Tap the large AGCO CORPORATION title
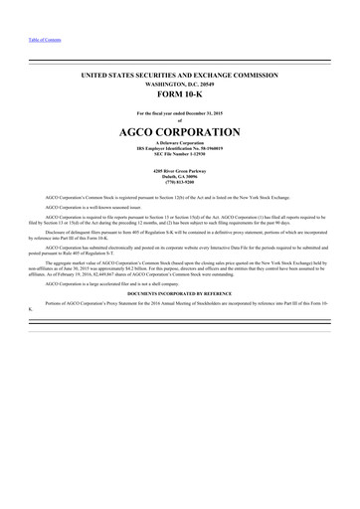pyautogui.click(x=180, y=132)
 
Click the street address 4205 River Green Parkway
pyautogui.click(x=180, y=171)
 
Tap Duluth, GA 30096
pyautogui.click(x=180, y=177)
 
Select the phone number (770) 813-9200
pyautogui.click(x=180, y=183)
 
